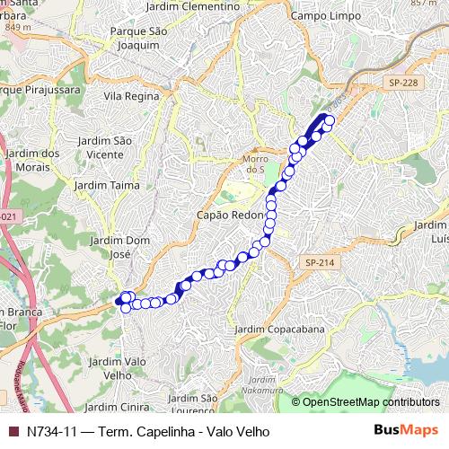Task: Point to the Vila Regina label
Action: point(131,95)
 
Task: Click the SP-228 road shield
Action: point(404,83)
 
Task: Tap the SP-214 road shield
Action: point(319,262)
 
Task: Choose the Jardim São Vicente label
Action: point(100,148)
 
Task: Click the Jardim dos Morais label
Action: point(31,159)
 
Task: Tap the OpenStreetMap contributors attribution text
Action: point(371,402)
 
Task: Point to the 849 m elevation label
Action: point(17,27)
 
